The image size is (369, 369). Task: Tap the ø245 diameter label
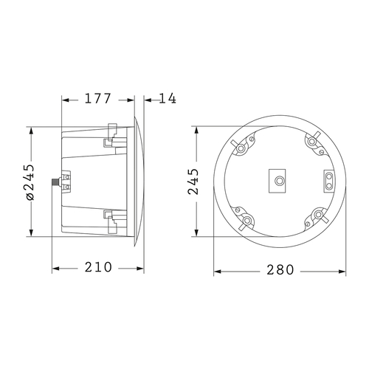click(x=30, y=182)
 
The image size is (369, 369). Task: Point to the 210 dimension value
click(x=99, y=267)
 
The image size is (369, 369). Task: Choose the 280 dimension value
click(x=280, y=270)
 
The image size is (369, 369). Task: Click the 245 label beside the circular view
click(x=193, y=181)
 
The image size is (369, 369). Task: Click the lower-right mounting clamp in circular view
click(x=318, y=215)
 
